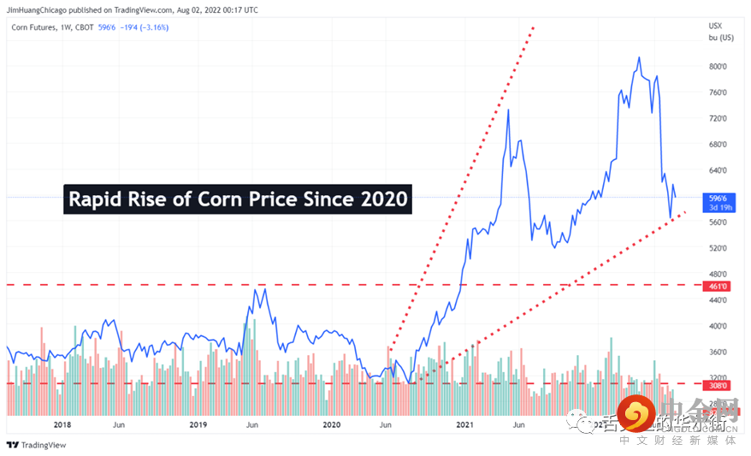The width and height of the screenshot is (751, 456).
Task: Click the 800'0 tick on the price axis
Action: [x=717, y=67]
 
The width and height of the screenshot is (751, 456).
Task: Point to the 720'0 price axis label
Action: [x=717, y=118]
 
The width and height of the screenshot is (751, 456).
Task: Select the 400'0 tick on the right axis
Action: [x=717, y=326]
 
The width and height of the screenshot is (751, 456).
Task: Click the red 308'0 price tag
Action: [x=717, y=385]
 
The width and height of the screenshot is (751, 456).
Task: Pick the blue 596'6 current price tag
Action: [x=717, y=196]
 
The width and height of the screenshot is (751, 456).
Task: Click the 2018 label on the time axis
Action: [x=62, y=424]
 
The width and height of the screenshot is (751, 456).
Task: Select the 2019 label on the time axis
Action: [x=198, y=424]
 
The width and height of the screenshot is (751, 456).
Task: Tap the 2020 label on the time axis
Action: [x=331, y=424]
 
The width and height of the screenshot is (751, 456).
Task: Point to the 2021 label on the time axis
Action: [x=465, y=424]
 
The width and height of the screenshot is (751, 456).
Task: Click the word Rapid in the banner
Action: [x=95, y=200]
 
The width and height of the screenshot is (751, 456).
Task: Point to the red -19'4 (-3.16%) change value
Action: [x=149, y=27]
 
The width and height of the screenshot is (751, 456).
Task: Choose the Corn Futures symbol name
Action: [x=35, y=27]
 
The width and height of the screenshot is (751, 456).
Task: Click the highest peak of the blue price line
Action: [x=639, y=58]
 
